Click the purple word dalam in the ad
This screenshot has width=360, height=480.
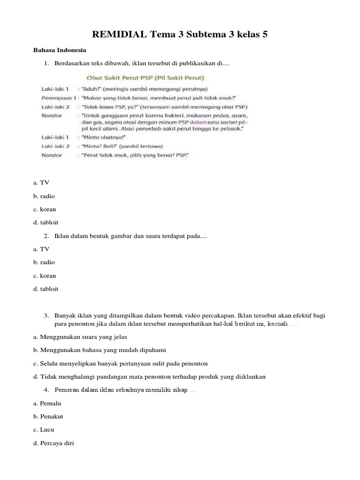click(182, 122)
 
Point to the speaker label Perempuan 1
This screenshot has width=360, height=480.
click(59, 97)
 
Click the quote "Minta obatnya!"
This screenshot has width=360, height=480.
click(99, 137)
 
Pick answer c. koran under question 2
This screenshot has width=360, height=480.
click(45, 276)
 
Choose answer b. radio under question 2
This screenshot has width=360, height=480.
click(44, 262)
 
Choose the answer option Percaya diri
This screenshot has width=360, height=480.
click(57, 442)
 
